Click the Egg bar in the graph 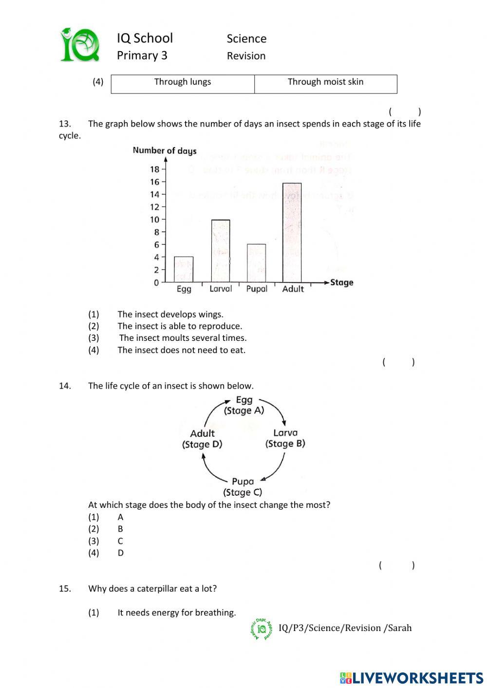tap(184, 269)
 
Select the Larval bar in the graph tap(221, 251)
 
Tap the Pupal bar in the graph tap(257, 263)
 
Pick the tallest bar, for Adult tap(292, 232)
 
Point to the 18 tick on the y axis tap(155, 169)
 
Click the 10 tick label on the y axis tap(155, 220)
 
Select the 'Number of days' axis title tap(165, 150)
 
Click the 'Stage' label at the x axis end tap(341, 282)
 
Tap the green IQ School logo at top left tap(80, 45)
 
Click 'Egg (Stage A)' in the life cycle tap(244, 406)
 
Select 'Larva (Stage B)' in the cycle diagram tap(285, 438)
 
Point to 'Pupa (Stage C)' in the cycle tap(243, 487)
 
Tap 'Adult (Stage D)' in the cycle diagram tap(202, 439)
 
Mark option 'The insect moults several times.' tap(183, 338)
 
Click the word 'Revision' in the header tap(246, 56)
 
